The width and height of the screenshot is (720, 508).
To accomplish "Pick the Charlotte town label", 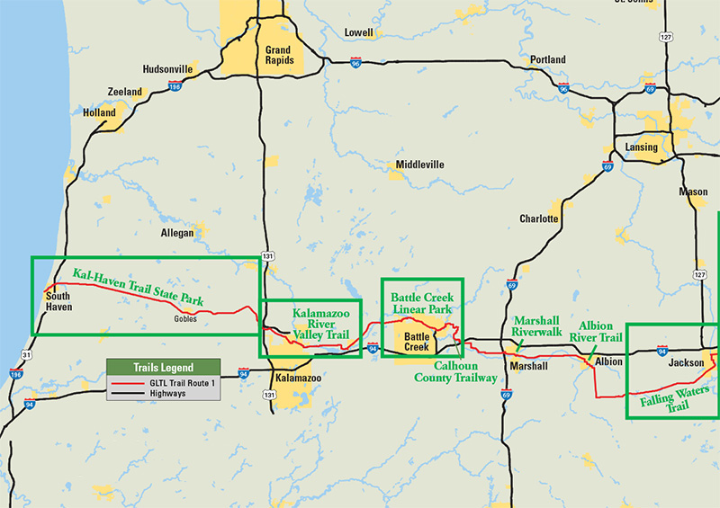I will [539, 218].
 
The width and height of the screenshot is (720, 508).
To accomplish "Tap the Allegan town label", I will [176, 233].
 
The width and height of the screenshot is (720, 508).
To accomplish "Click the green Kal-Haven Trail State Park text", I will [139, 285].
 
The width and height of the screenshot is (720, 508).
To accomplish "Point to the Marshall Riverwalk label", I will [537, 325].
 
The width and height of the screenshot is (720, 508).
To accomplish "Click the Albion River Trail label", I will [600, 332].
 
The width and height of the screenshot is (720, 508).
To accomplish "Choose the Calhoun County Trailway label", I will [455, 372].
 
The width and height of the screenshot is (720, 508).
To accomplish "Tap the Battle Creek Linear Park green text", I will [422, 303].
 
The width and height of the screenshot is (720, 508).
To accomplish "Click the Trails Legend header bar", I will [163, 368].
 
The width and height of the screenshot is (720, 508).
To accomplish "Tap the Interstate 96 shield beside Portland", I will [563, 89].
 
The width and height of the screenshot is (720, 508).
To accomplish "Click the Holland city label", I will [100, 113].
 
